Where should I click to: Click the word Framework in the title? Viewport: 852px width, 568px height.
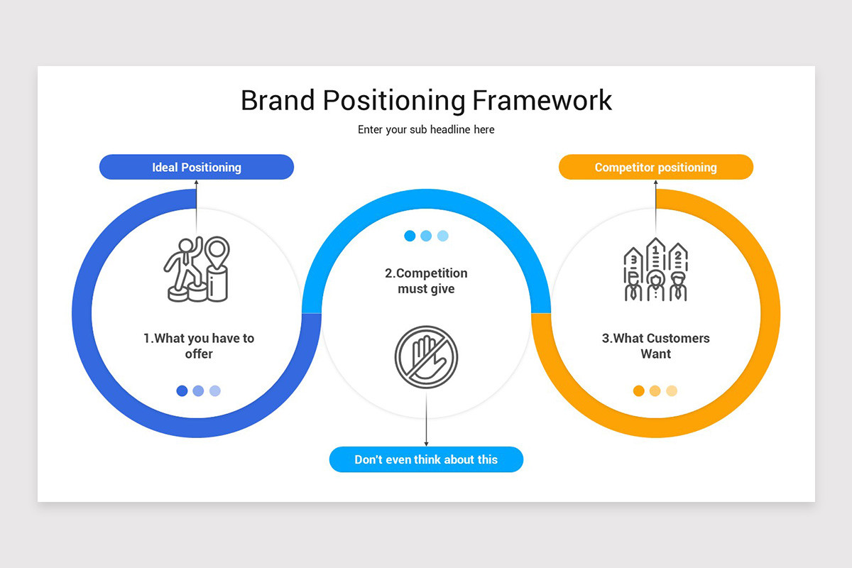coord(542,100)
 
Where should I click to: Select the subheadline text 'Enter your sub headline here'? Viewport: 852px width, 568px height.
coord(426,130)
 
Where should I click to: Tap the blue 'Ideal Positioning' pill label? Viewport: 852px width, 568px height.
coord(197,168)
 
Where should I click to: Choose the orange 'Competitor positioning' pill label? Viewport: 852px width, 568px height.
coord(656,168)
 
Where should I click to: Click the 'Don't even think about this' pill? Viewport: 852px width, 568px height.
coord(426,459)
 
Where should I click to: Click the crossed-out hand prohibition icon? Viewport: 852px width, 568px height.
coord(426,356)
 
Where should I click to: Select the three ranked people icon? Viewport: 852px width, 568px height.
coord(655,270)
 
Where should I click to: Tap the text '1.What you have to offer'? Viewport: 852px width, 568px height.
coord(199,346)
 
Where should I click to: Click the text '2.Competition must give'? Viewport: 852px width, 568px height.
coord(426,281)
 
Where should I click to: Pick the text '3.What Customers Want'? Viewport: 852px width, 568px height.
coord(656,346)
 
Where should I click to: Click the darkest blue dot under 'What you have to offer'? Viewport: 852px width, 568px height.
coord(182,390)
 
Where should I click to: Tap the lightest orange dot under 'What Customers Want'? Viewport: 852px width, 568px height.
coord(672,390)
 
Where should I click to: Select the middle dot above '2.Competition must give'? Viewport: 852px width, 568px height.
coord(426,236)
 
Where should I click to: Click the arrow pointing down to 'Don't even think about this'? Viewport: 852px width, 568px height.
coord(426,426)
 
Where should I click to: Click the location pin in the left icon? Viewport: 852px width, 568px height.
coord(217,251)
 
